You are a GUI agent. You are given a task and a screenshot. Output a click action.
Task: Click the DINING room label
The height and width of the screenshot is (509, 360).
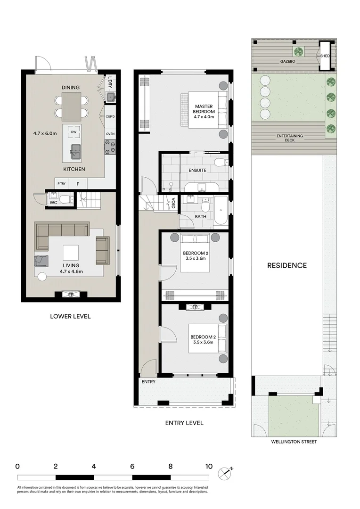click(70, 88)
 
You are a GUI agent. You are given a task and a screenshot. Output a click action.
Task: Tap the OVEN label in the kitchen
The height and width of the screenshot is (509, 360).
click(110, 134)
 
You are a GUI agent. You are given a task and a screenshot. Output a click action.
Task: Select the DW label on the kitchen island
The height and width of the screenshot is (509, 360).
click(74, 132)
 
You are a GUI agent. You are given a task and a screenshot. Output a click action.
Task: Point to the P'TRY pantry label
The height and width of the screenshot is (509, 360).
click(61, 184)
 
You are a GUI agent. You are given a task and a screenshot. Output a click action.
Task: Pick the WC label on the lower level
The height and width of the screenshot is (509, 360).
click(54, 203)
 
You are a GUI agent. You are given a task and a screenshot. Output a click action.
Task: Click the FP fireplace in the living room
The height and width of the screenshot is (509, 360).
click(70, 295)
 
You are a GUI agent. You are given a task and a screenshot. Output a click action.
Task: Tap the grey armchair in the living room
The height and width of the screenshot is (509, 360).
click(41, 260)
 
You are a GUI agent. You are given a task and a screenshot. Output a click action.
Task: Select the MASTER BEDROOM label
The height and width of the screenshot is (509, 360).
click(205, 108)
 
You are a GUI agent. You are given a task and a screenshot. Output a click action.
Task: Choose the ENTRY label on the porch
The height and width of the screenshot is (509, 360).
click(148, 382)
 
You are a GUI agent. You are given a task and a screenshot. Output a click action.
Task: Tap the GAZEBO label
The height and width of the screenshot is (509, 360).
click(287, 61)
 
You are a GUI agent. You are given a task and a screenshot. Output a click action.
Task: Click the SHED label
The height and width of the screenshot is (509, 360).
click(325, 56)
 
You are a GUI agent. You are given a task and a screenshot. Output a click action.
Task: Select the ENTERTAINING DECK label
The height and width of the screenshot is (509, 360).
click(290, 138)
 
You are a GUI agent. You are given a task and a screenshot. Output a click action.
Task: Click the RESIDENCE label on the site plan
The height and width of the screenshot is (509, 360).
click(286, 265)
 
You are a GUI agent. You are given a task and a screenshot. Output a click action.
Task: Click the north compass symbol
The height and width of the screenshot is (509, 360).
click(226, 472)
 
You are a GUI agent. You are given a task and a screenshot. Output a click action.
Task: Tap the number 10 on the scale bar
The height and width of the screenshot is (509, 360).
click(208, 466)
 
